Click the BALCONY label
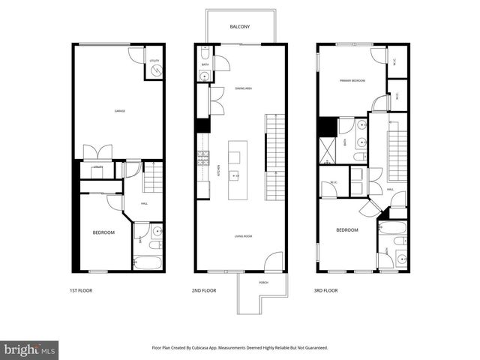(241, 27)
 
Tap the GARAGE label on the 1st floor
(119, 111)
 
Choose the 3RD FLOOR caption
(325, 290)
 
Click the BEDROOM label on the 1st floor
(103, 232)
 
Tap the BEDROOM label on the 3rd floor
(346, 230)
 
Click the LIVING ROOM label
(242, 236)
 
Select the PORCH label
(263, 283)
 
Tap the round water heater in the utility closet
(156, 70)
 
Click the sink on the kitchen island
(236, 177)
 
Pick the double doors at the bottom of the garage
(98, 151)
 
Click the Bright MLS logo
(30, 349)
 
